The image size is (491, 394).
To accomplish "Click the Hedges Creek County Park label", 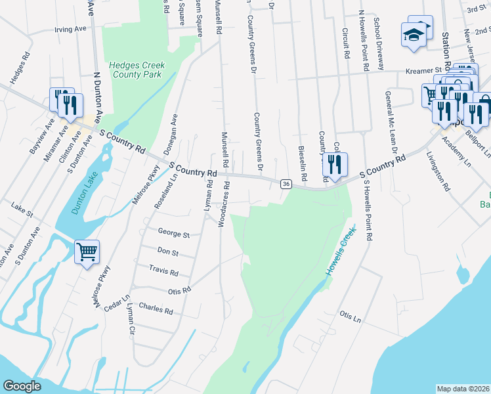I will (137, 70).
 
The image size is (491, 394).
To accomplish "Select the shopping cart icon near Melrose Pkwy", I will (87, 252).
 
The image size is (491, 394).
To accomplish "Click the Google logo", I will (22, 386).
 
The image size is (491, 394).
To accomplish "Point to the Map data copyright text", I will (463, 389).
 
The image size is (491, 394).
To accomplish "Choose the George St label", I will (173, 233).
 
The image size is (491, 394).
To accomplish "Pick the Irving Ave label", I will (70, 30).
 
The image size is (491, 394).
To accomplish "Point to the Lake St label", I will (22, 209).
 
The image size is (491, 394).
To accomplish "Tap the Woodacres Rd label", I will (223, 204).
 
